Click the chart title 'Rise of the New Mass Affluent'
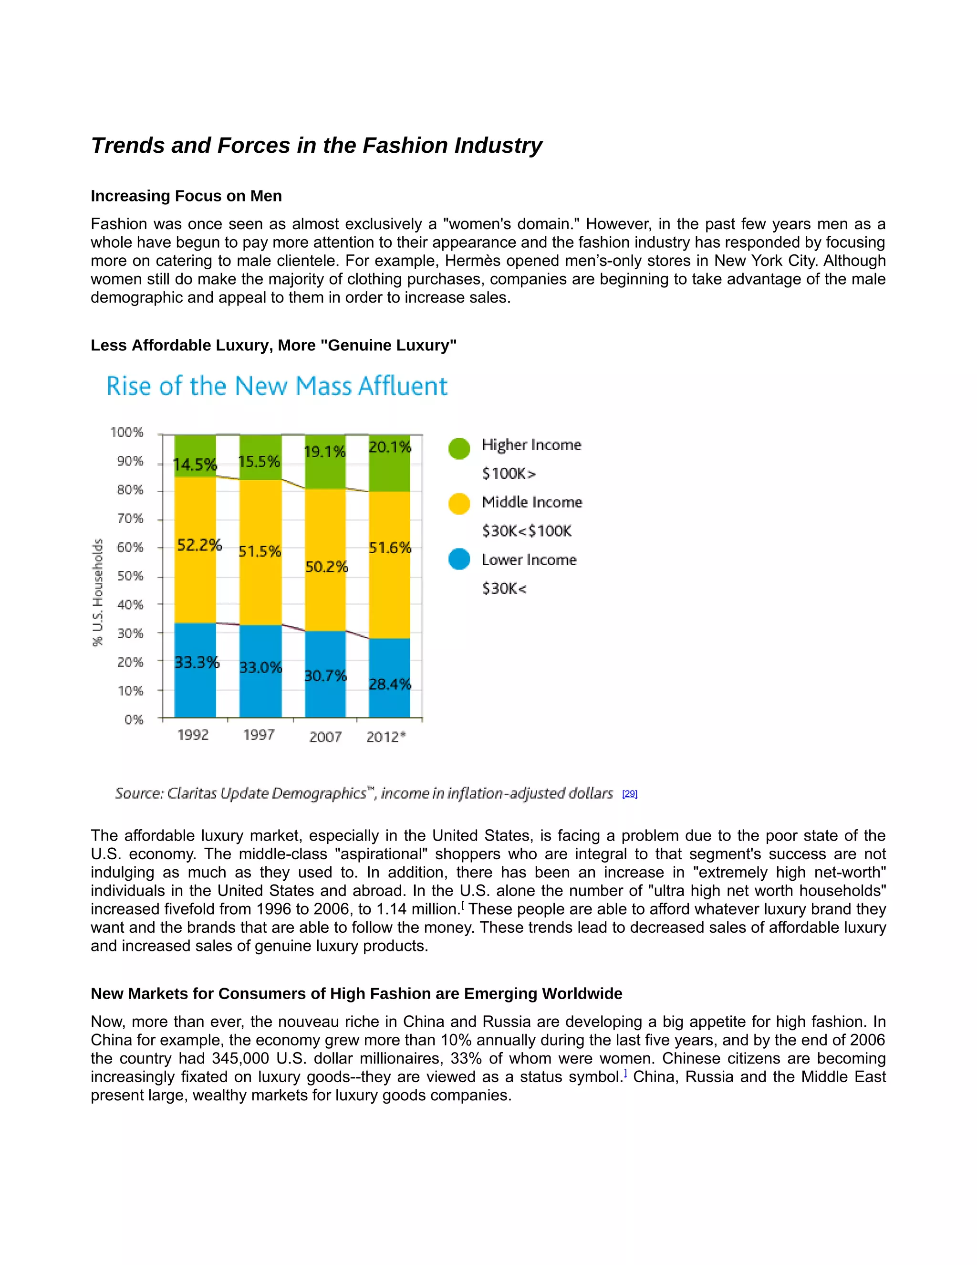(x=277, y=386)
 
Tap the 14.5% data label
(x=195, y=464)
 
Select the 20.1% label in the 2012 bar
(x=390, y=447)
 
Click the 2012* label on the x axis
(x=386, y=737)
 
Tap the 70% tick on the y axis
(x=130, y=518)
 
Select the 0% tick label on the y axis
(x=134, y=719)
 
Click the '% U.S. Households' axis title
(x=98, y=592)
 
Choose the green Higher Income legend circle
(x=459, y=448)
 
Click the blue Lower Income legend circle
(x=459, y=559)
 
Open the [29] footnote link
(x=629, y=793)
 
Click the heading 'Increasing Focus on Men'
(x=186, y=196)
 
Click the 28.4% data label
(x=390, y=684)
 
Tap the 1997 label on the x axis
(x=259, y=735)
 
